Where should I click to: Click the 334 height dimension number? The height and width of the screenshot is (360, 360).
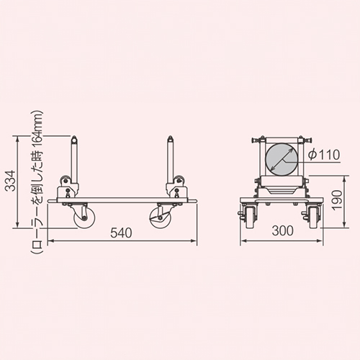coord(10,181)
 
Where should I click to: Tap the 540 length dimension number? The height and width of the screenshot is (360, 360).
coord(121,233)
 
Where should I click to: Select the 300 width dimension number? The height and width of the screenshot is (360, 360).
coord(283,230)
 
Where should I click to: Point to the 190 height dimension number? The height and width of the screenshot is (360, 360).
coord(336,200)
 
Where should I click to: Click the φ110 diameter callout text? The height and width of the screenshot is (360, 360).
coord(324,154)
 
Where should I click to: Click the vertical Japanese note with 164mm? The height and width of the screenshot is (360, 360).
coord(37,182)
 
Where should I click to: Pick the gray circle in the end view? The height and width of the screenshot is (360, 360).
coord(282,160)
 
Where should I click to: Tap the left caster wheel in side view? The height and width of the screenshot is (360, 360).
coord(84,217)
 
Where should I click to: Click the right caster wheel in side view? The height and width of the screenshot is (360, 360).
coord(160,217)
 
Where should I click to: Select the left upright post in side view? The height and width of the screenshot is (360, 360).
coord(74,159)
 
